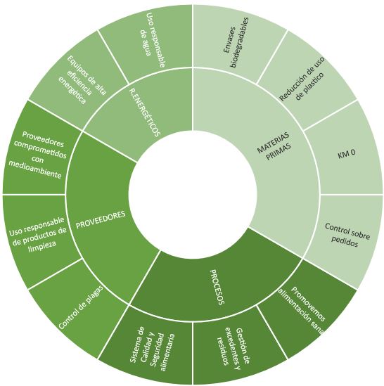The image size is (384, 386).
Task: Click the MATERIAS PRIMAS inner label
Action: (274, 146)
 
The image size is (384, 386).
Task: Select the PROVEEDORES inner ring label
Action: (101, 219)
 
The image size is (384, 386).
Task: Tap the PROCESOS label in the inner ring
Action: (217, 287)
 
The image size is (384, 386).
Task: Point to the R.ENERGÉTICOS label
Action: (145, 112)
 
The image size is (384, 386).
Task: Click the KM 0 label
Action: (346, 154)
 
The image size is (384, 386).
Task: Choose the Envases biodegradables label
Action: (236, 42)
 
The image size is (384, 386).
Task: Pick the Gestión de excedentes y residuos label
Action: (233, 347)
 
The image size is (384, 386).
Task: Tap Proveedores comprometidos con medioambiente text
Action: (38, 155)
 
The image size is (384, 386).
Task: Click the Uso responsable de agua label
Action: (152, 39)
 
